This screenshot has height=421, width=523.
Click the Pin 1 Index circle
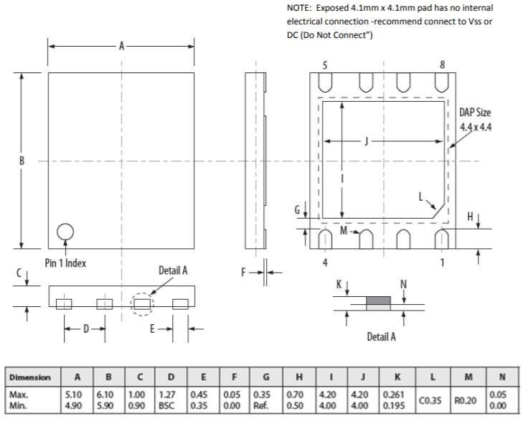coord(65,231)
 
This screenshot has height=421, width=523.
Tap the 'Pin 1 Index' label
coord(65,263)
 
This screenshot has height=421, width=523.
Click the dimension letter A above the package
coord(122,46)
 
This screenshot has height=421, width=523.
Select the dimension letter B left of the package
coord(22,161)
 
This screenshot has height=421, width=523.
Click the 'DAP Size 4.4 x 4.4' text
coord(475,120)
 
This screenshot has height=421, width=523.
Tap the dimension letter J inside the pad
coord(367,141)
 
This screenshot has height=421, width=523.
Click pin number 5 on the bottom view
coord(325,65)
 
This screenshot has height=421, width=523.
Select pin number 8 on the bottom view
coord(442,65)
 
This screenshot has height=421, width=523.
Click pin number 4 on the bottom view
coord(325,262)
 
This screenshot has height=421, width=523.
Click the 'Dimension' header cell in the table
coord(31,377)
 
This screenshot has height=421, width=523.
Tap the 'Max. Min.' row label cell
coord(31,400)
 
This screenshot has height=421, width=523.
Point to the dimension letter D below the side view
coord(85,329)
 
